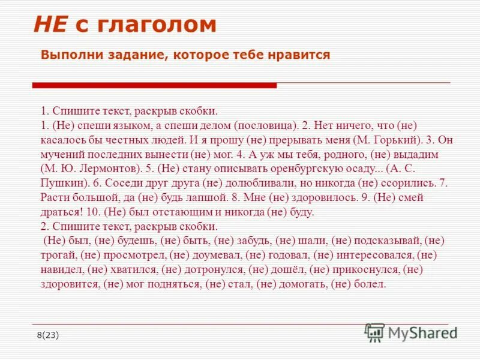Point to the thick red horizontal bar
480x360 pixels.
tap(154, 85)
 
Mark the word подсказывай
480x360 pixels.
tap(388, 241)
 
